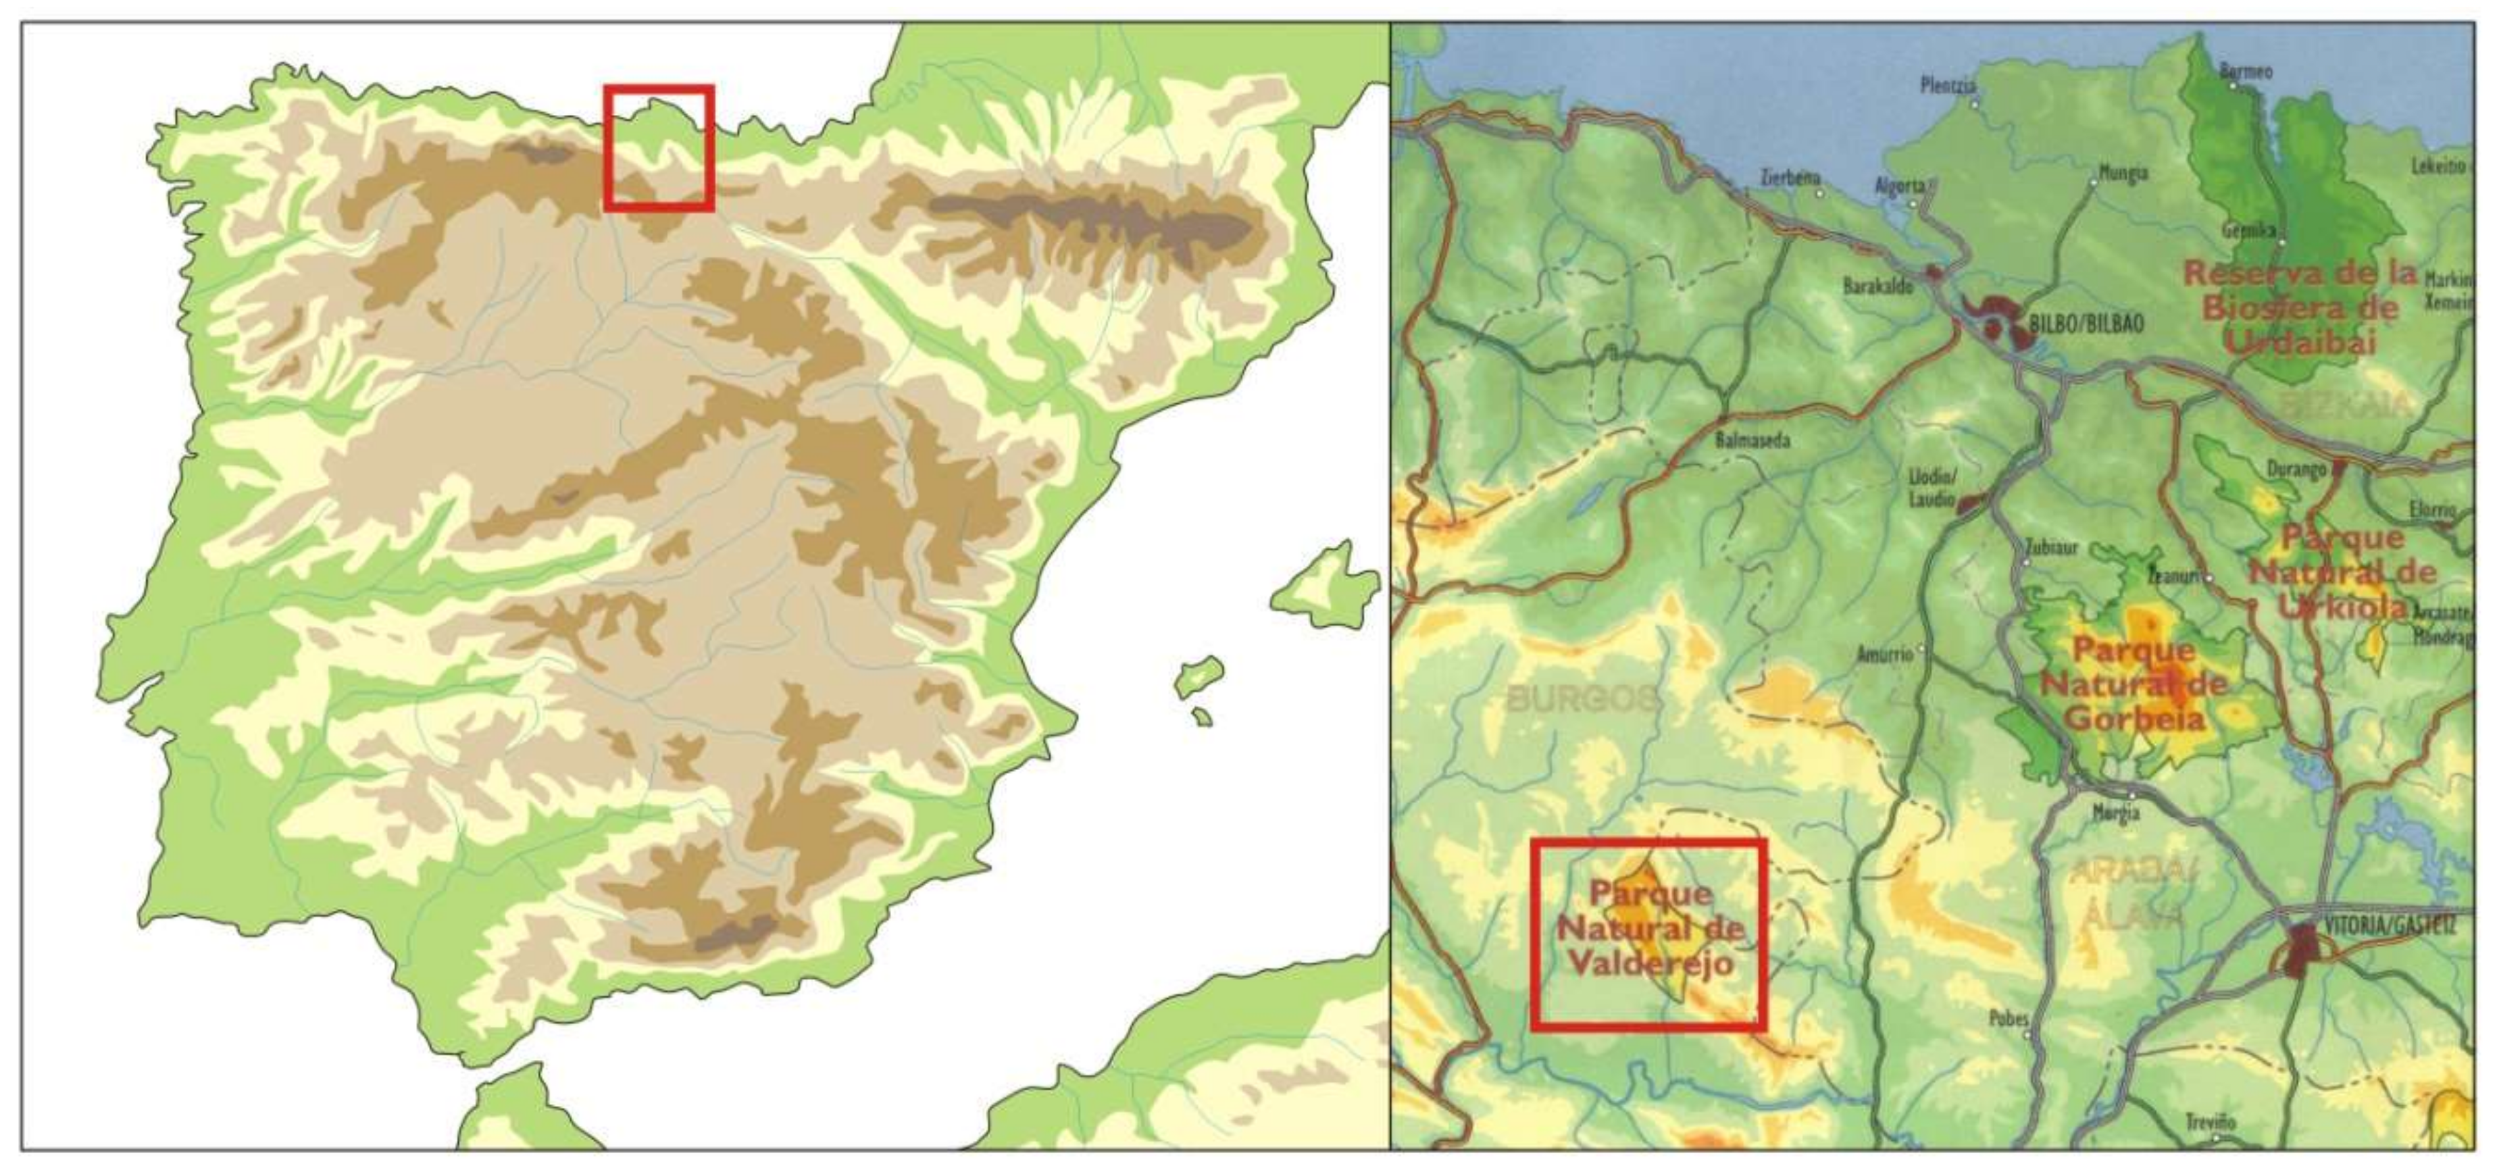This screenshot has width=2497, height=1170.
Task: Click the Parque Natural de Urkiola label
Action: (2342, 572)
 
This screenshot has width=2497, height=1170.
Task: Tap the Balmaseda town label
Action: (1752, 440)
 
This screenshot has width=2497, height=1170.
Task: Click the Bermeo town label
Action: (2246, 72)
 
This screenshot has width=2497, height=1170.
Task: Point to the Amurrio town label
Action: (1884, 655)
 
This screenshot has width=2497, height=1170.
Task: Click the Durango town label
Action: (2296, 469)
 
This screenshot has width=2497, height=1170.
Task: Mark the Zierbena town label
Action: (1790, 178)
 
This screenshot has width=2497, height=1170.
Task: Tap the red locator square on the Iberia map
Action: (659, 147)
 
